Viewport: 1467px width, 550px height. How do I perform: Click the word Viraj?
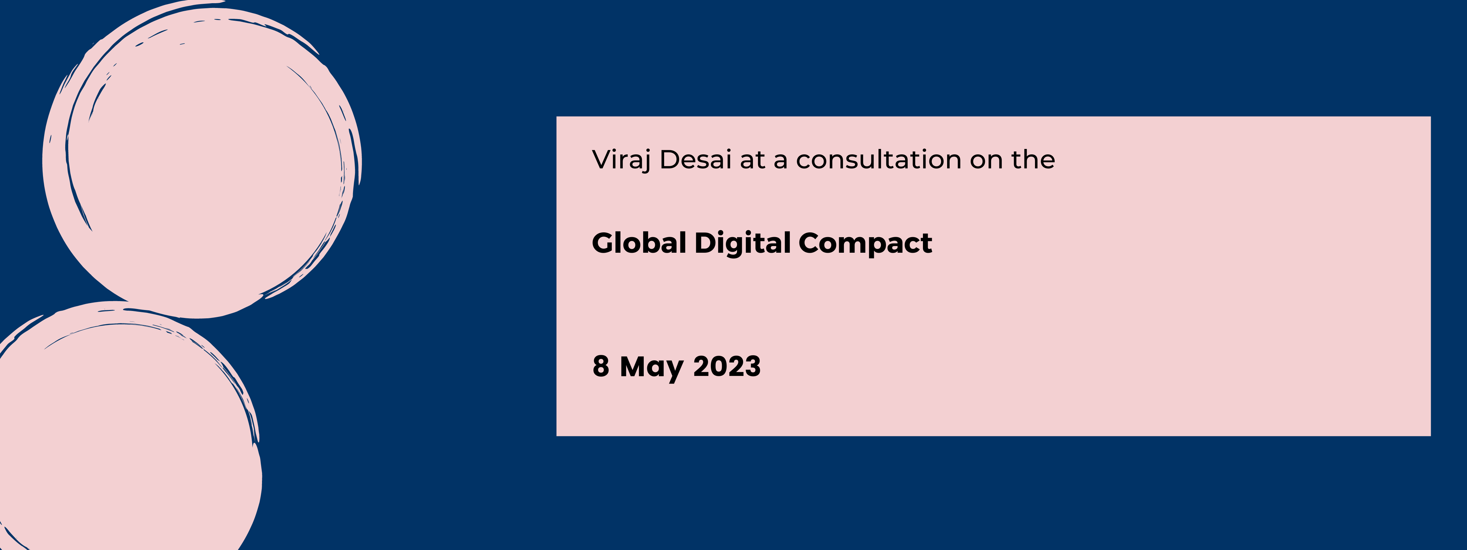[x=621, y=160]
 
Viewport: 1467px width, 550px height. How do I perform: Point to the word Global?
[x=639, y=243]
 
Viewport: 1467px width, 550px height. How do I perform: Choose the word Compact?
[x=865, y=243]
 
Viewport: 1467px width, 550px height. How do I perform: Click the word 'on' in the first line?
[x=986, y=160]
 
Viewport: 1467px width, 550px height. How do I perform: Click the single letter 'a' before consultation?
[x=780, y=161]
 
